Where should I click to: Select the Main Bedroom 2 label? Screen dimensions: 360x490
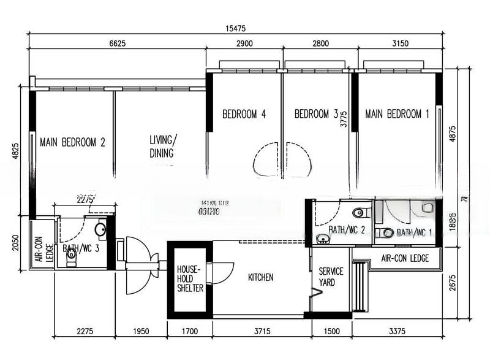tap(72, 142)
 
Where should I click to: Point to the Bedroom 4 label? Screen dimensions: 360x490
tap(244, 114)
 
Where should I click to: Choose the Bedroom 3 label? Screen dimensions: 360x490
tap(316, 114)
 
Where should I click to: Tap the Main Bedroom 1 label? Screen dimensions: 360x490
tap(397, 114)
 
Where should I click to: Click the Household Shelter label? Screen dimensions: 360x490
tap(190, 278)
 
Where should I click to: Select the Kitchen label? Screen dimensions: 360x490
tap(260, 278)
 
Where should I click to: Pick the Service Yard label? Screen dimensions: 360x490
tap(331, 277)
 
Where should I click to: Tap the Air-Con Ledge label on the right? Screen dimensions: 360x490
tap(404, 258)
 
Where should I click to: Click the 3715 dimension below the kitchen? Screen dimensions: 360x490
tap(262, 332)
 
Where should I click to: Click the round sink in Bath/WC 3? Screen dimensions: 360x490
tap(100, 231)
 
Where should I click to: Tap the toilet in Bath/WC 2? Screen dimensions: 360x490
tap(359, 213)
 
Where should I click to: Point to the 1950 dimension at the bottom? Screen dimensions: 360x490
tap(141, 332)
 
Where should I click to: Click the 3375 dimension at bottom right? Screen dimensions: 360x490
tap(398, 332)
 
